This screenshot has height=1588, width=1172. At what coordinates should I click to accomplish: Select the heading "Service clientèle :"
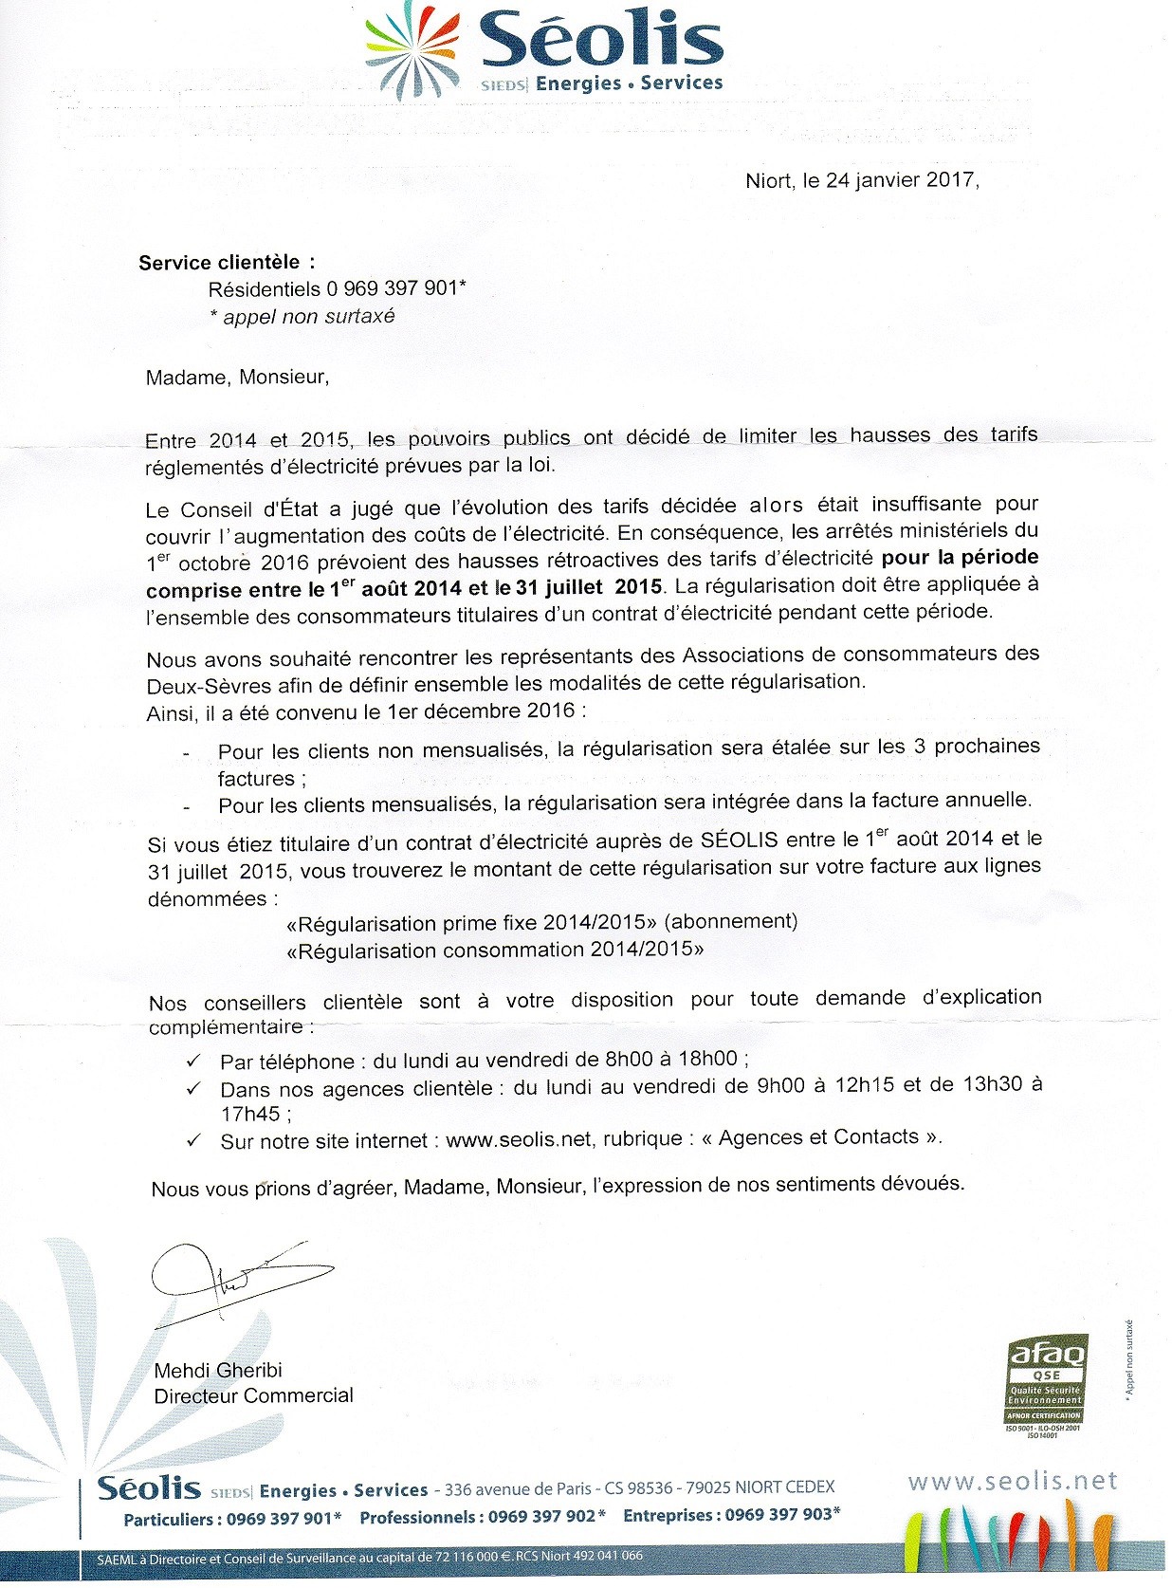point(227,263)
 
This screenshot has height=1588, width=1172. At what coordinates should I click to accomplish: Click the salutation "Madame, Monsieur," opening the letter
point(237,378)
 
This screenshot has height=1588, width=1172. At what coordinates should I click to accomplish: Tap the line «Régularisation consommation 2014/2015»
point(495,950)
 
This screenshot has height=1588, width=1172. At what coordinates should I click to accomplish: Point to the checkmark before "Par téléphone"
point(193,1060)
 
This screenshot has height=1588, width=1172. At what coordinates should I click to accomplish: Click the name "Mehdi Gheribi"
point(218,1370)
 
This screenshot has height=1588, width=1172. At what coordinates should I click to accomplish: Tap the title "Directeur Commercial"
point(253,1395)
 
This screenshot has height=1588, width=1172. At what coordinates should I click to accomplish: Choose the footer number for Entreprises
point(780,1515)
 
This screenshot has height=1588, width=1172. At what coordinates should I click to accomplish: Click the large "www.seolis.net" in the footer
point(1012,1481)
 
